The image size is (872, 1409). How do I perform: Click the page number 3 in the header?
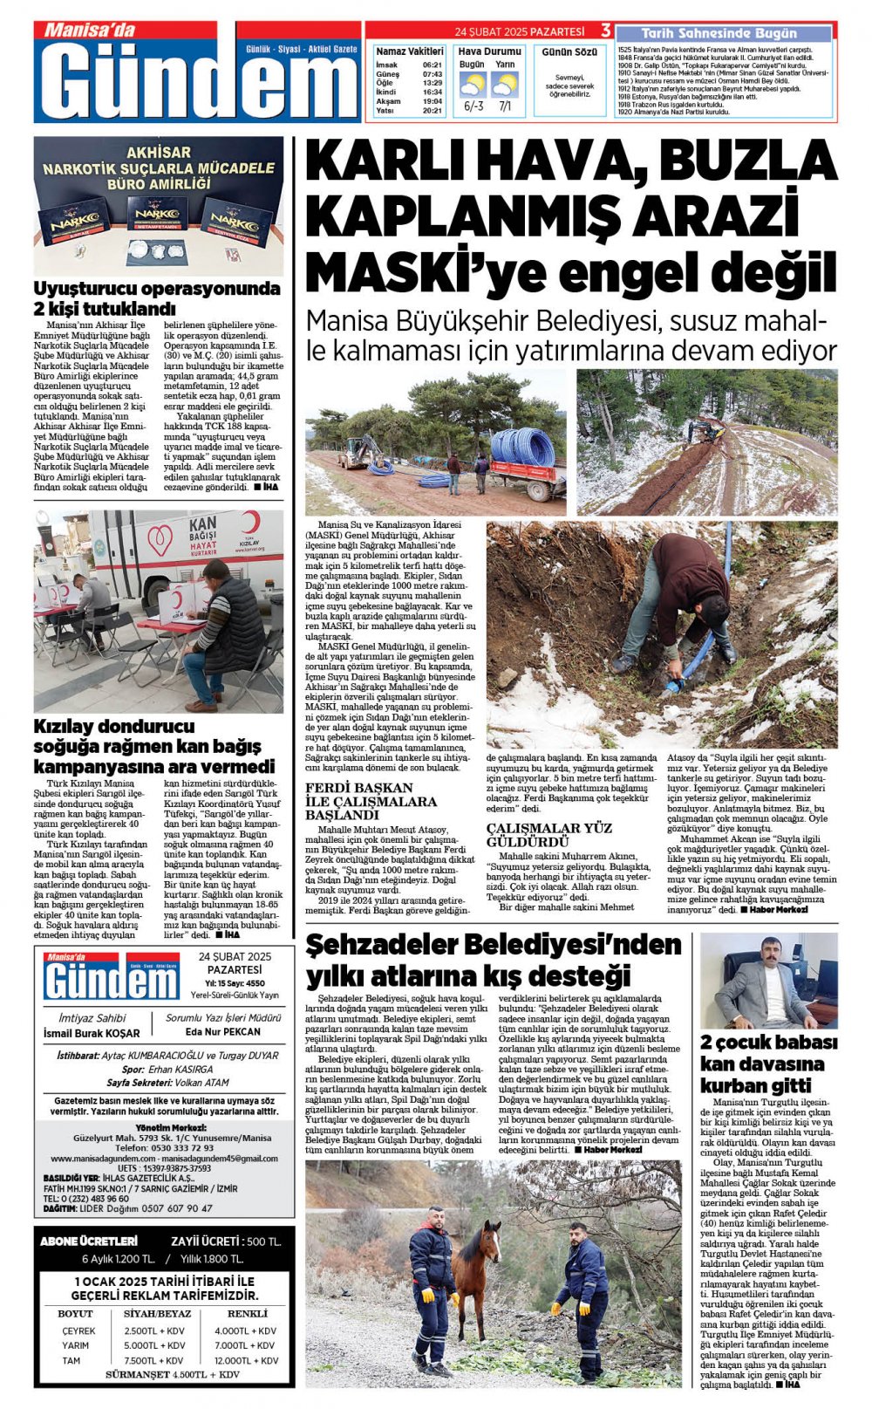point(605,31)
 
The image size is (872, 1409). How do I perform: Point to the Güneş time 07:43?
point(432,74)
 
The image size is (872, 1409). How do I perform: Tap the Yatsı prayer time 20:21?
point(432,111)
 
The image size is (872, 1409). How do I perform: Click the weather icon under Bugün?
point(472,85)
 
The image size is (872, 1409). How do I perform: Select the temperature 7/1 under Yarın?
point(505,106)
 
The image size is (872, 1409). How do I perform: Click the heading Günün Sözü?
point(569,52)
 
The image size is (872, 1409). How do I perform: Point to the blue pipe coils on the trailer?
point(522,446)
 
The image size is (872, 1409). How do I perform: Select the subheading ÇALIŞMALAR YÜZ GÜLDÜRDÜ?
point(548,834)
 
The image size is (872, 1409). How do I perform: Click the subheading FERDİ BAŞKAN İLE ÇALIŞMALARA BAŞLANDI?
point(371,801)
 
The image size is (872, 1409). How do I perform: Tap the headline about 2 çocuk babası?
point(768,1064)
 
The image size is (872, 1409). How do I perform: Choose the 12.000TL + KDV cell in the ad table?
point(247,1360)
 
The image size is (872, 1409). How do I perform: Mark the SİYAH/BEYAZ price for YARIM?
point(154,1345)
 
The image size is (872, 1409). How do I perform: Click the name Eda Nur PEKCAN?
point(223,1031)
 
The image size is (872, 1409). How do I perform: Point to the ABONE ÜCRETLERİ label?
point(89,1241)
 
